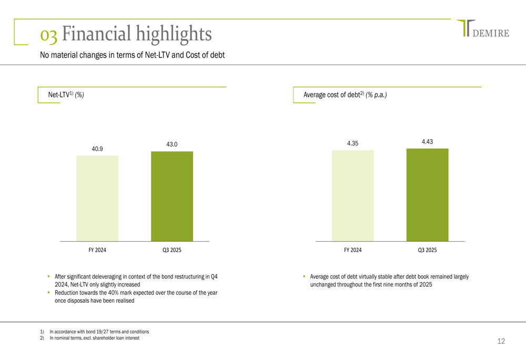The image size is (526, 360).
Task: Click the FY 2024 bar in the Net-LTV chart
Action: click(x=97, y=198)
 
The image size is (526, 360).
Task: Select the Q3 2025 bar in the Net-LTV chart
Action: click(x=172, y=196)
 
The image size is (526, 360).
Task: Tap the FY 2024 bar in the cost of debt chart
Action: click(x=352, y=196)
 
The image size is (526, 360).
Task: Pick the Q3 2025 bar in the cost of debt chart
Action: click(x=427, y=194)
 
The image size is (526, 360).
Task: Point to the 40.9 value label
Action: click(x=97, y=149)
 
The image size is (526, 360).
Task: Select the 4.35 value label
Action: click(x=352, y=143)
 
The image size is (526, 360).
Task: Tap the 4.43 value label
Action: click(x=427, y=141)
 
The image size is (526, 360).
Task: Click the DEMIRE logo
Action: click(x=483, y=29)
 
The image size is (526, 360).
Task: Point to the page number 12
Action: click(x=501, y=342)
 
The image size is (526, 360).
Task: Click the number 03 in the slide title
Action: click(x=49, y=35)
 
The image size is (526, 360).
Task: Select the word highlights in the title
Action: click(x=174, y=34)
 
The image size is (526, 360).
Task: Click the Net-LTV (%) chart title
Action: click(x=66, y=95)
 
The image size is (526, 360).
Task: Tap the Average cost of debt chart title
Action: click(x=345, y=95)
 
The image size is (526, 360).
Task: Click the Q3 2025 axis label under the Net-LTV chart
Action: click(x=172, y=250)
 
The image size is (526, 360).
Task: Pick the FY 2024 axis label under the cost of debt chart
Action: click(x=352, y=250)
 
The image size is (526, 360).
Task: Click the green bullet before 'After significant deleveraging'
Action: click(x=48, y=276)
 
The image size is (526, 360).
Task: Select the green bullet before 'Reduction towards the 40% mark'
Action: click(x=48, y=292)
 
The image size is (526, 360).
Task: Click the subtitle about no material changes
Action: click(x=133, y=55)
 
